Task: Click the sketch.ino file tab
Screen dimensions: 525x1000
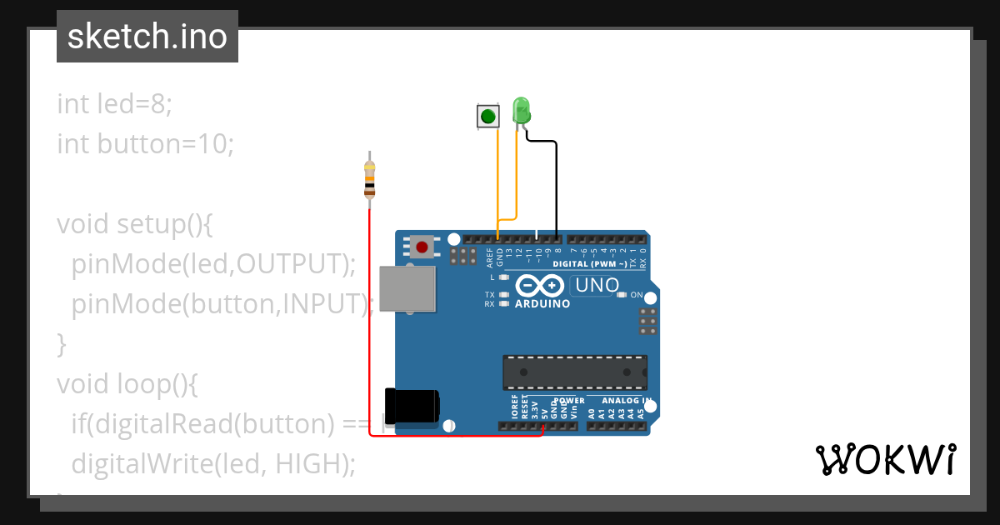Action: pyautogui.click(x=147, y=37)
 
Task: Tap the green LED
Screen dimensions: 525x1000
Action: pyautogui.click(x=521, y=111)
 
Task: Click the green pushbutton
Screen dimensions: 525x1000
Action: pyautogui.click(x=487, y=116)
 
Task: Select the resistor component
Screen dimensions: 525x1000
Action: pyautogui.click(x=370, y=179)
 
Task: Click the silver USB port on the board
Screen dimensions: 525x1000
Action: pyautogui.click(x=406, y=288)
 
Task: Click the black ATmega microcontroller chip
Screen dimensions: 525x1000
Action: pyautogui.click(x=574, y=372)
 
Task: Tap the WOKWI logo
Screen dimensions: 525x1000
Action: pyautogui.click(x=885, y=459)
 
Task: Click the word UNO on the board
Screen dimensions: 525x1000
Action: pyautogui.click(x=597, y=285)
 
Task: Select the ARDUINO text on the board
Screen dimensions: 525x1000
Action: pyautogui.click(x=542, y=304)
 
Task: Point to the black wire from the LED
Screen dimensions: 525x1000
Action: pyautogui.click(x=556, y=183)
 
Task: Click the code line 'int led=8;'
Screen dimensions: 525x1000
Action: pyautogui.click(x=114, y=104)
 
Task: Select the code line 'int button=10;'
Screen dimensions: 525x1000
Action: pyautogui.click(x=146, y=144)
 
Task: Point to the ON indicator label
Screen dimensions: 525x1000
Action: pyautogui.click(x=637, y=295)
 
